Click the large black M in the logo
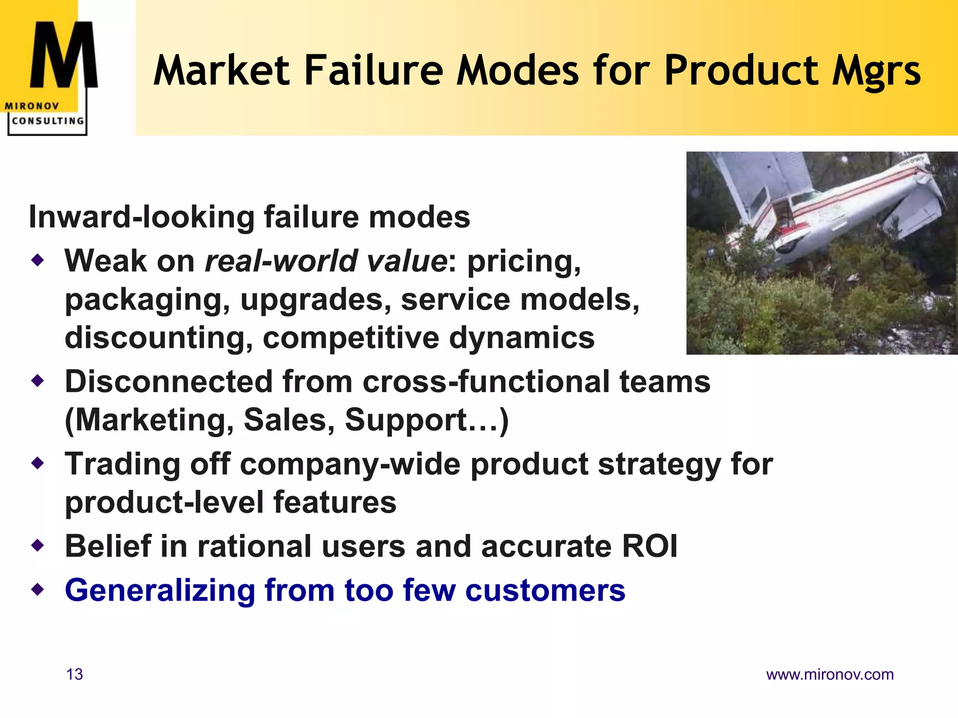pyautogui.click(x=64, y=55)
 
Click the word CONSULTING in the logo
pyautogui.click(x=48, y=121)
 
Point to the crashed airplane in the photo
pyautogui.click(x=823, y=210)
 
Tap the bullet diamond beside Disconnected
pyautogui.click(x=37, y=381)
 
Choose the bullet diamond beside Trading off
pyautogui.click(x=37, y=463)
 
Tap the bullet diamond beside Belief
pyautogui.click(x=37, y=546)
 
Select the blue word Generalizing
pyautogui.click(x=160, y=590)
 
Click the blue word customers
pyautogui.click(x=545, y=590)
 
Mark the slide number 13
pyautogui.click(x=75, y=674)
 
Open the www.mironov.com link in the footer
pyautogui.click(x=830, y=675)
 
